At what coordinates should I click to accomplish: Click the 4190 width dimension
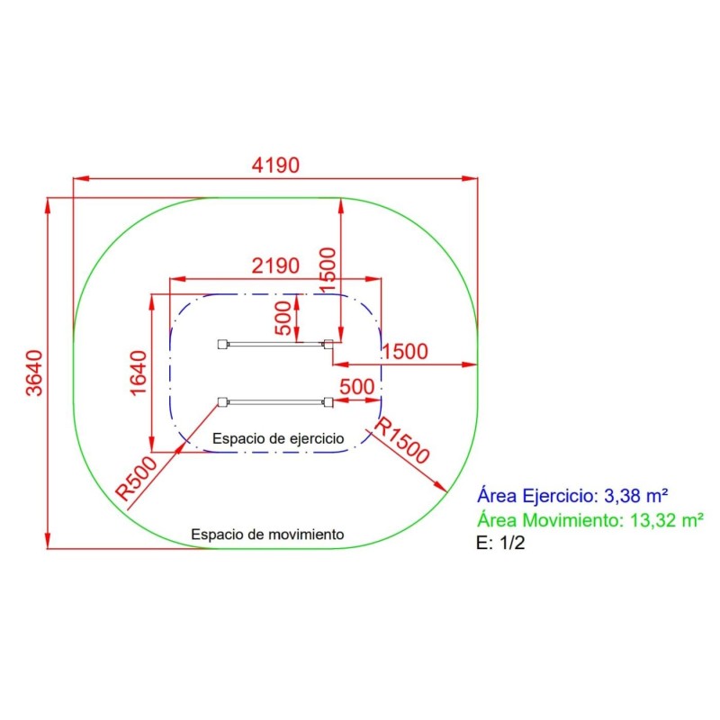point(275,166)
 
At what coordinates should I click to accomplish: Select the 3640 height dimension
point(35,373)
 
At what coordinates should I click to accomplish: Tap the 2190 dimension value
point(275,265)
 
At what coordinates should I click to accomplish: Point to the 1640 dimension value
point(139,373)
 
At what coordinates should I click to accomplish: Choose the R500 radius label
point(137,479)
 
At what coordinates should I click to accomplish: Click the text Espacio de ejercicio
point(278,438)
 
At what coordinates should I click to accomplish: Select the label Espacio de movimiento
point(267,535)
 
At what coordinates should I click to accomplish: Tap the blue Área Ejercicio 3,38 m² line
point(572,496)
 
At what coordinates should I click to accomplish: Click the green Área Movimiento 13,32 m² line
point(590,520)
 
